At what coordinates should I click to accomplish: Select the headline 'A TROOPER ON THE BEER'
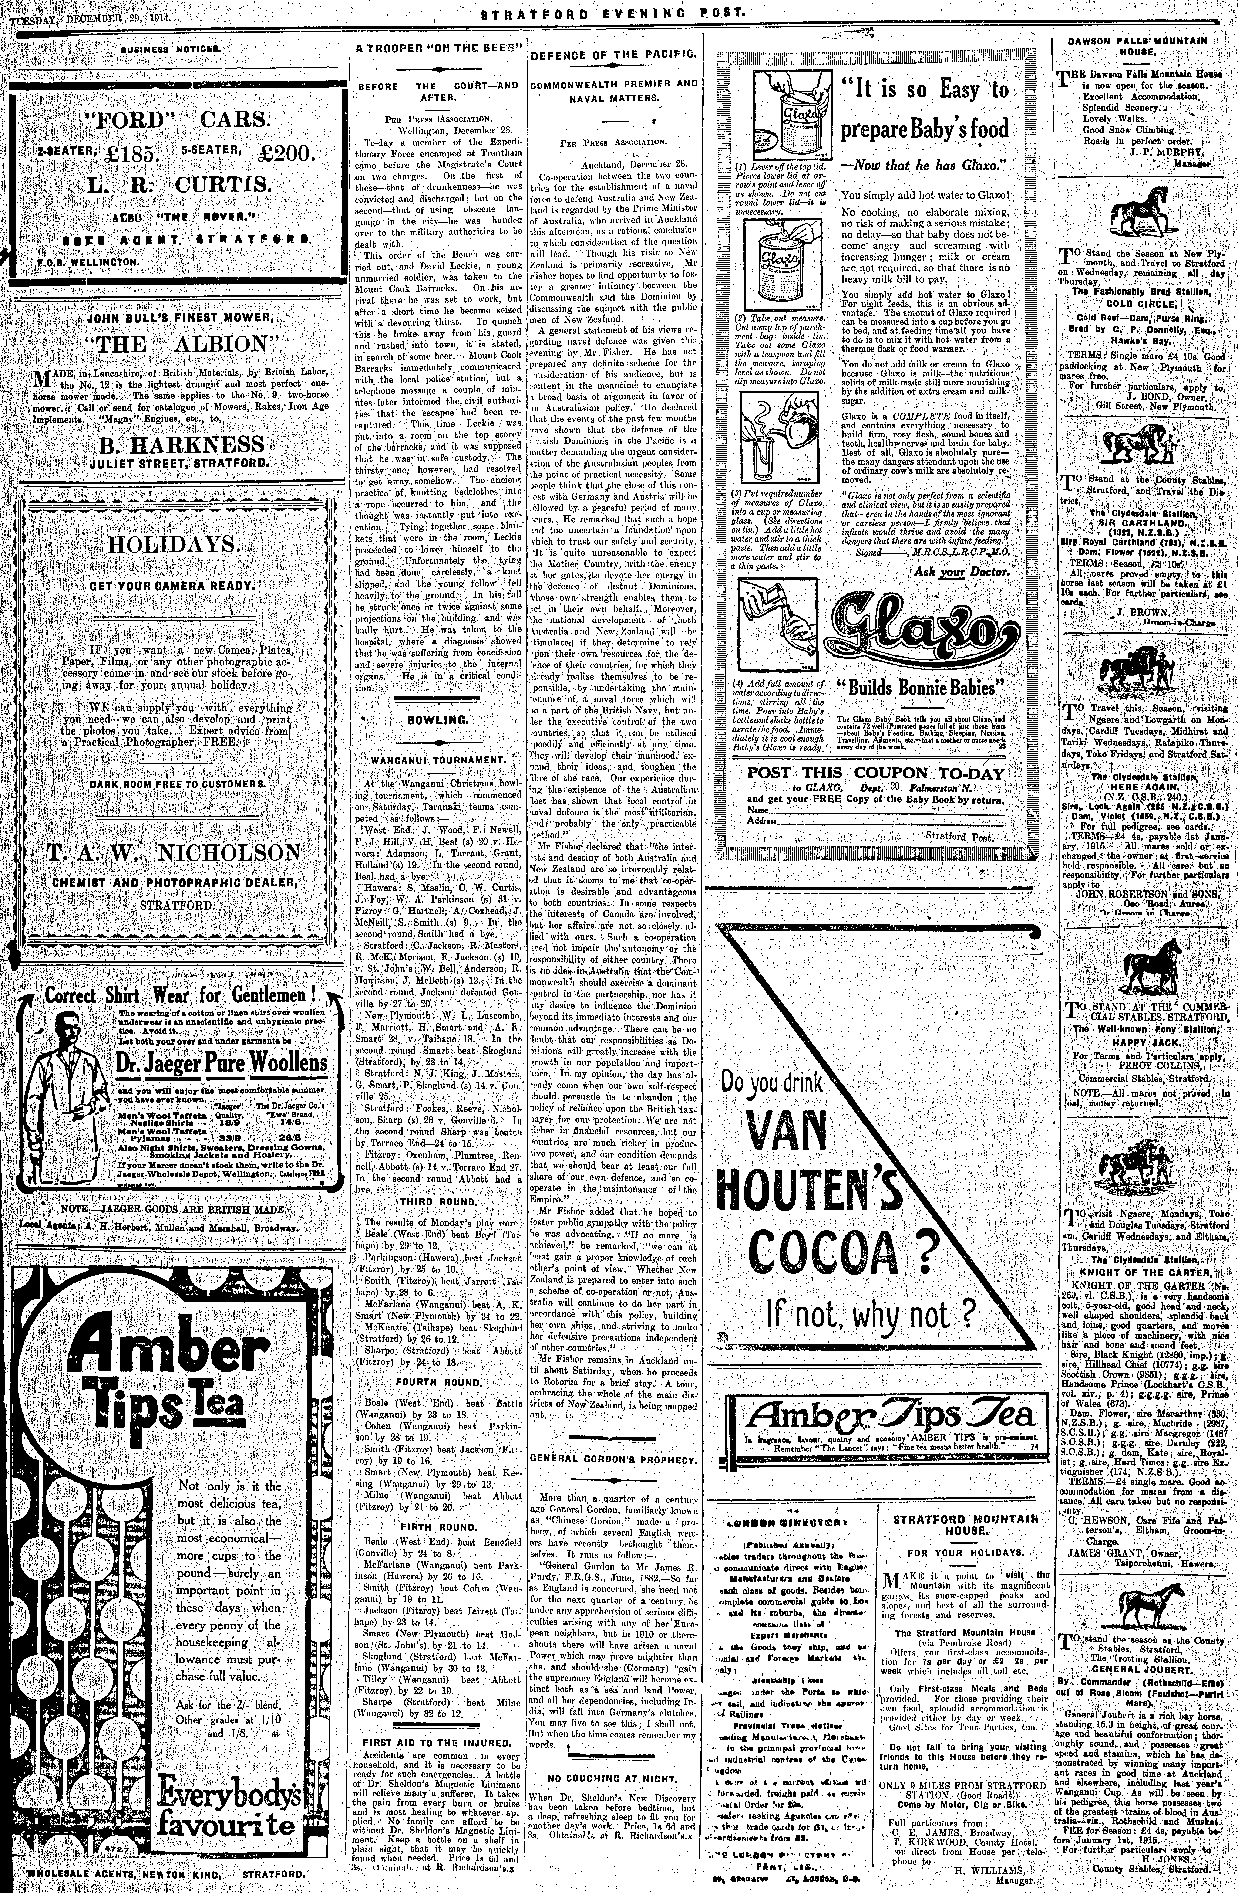[438, 48]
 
